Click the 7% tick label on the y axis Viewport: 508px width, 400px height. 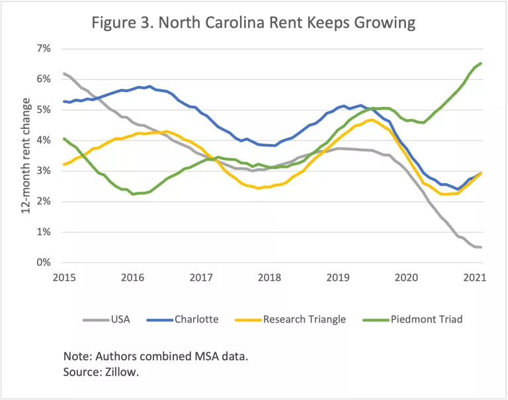43,48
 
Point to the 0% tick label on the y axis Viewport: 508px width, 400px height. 43,263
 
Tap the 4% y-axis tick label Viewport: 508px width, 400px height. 43,140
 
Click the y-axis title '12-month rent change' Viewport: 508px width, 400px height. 26,155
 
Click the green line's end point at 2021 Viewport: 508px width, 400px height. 480,63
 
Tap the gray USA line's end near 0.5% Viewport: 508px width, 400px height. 480,247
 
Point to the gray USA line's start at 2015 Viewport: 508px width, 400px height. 63,73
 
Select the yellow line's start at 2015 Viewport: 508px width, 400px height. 63,164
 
